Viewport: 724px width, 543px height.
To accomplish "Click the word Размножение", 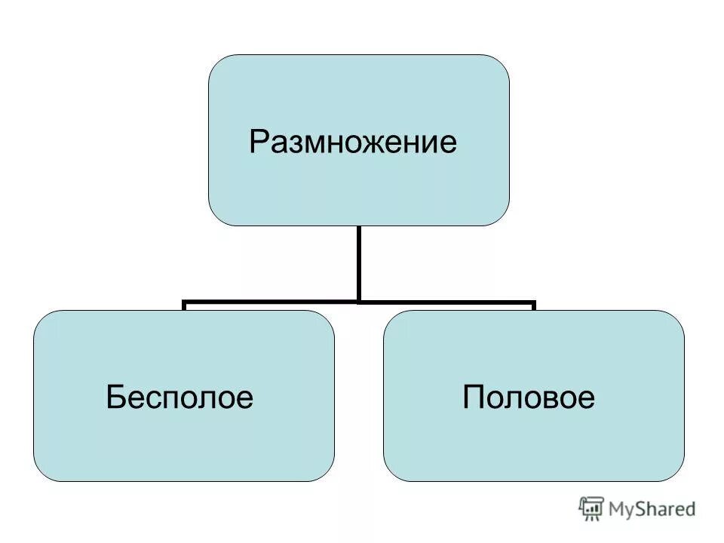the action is pyautogui.click(x=353, y=141).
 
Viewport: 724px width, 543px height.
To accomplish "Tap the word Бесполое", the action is pyautogui.click(x=179, y=397).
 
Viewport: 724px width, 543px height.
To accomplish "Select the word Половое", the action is pyautogui.click(x=529, y=397).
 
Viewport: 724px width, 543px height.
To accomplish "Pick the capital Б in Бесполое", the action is pyautogui.click(x=115, y=397).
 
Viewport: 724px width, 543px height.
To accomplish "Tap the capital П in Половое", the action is pyautogui.click(x=473, y=397).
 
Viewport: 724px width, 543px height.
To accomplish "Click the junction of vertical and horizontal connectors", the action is pyautogui.click(x=358, y=302).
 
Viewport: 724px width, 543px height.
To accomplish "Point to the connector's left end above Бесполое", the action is pyautogui.click(x=185, y=305).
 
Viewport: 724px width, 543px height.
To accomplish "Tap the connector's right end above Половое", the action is pyautogui.click(x=533, y=305).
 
